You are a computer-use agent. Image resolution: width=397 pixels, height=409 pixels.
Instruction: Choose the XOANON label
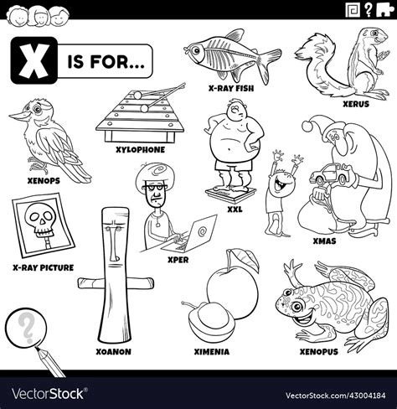coord(115,352)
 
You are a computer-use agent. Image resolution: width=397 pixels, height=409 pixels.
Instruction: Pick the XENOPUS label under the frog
coord(318,352)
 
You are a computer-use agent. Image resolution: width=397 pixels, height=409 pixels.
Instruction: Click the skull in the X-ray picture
coord(38,222)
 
